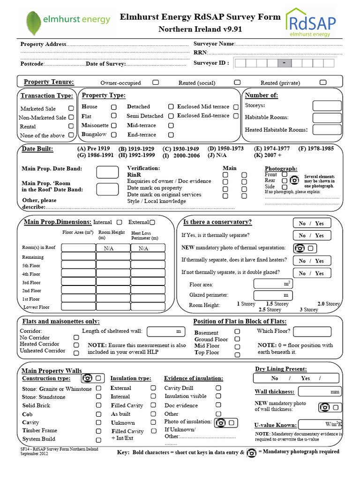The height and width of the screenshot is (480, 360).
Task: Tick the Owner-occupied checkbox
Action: tap(155, 82)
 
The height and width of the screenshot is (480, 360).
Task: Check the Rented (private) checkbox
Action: tap(322, 82)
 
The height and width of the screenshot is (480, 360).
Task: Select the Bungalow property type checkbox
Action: tap(113, 135)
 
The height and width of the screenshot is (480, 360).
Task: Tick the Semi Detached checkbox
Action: tap(171, 116)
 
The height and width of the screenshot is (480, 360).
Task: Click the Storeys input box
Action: tap(327, 105)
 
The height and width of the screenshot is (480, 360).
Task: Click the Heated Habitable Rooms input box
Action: tap(327, 129)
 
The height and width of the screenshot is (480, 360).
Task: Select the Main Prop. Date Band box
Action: tap(107, 172)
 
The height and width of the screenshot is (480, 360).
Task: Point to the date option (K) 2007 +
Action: tap(268, 155)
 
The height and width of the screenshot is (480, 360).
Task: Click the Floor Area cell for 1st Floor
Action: tap(78, 299)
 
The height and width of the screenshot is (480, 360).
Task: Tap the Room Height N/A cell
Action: tap(113, 248)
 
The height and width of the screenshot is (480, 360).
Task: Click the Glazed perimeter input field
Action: tap(273, 295)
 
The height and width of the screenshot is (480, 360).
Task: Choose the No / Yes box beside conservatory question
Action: tap(312, 223)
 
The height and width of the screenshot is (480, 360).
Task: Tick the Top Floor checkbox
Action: tap(237, 354)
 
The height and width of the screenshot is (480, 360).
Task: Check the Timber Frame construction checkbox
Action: tap(98, 431)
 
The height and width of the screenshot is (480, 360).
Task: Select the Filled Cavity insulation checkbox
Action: tap(153, 405)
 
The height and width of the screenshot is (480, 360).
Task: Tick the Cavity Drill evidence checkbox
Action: tap(218, 388)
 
